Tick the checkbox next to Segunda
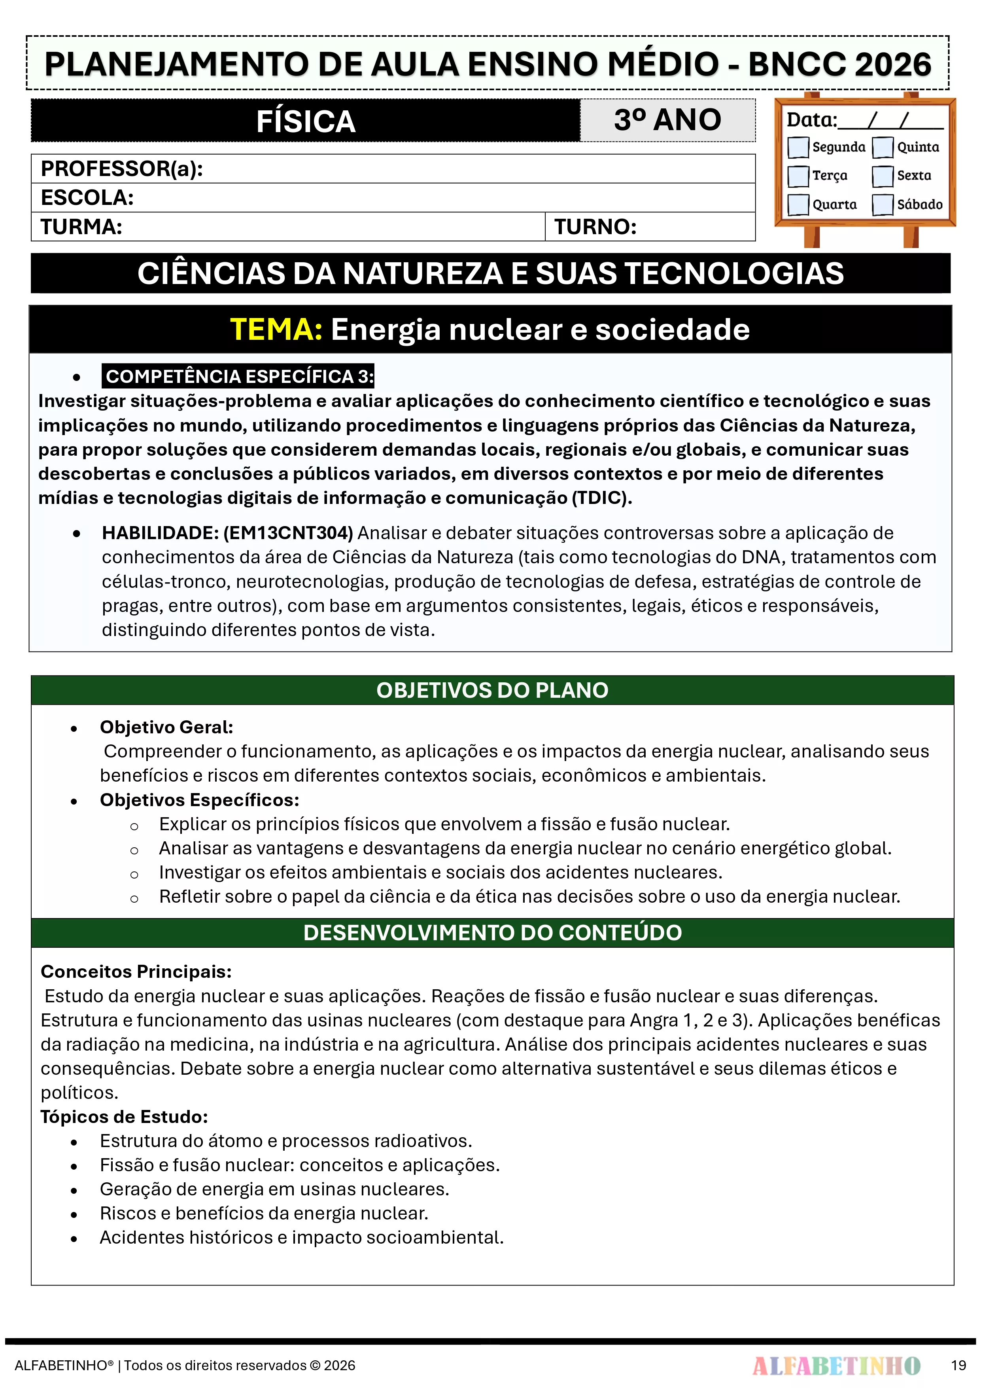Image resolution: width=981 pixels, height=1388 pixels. coord(798,147)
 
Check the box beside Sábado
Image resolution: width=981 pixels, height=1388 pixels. coord(883,205)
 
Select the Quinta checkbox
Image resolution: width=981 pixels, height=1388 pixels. coord(883,147)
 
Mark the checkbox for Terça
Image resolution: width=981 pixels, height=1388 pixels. coord(798,176)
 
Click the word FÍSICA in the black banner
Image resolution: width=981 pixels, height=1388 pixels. coord(306,121)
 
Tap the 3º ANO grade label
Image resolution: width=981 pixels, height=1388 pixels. coord(667,120)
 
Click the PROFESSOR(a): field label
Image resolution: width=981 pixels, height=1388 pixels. coord(121,169)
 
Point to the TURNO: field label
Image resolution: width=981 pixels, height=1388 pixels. coord(595,227)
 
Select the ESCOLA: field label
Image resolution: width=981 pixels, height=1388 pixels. coord(87,198)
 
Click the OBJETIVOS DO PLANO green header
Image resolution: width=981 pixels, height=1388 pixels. coord(492,690)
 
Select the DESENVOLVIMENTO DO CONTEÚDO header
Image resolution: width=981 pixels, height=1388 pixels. coord(492,933)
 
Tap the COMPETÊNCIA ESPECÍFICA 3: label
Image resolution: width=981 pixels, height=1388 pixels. coord(239,377)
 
